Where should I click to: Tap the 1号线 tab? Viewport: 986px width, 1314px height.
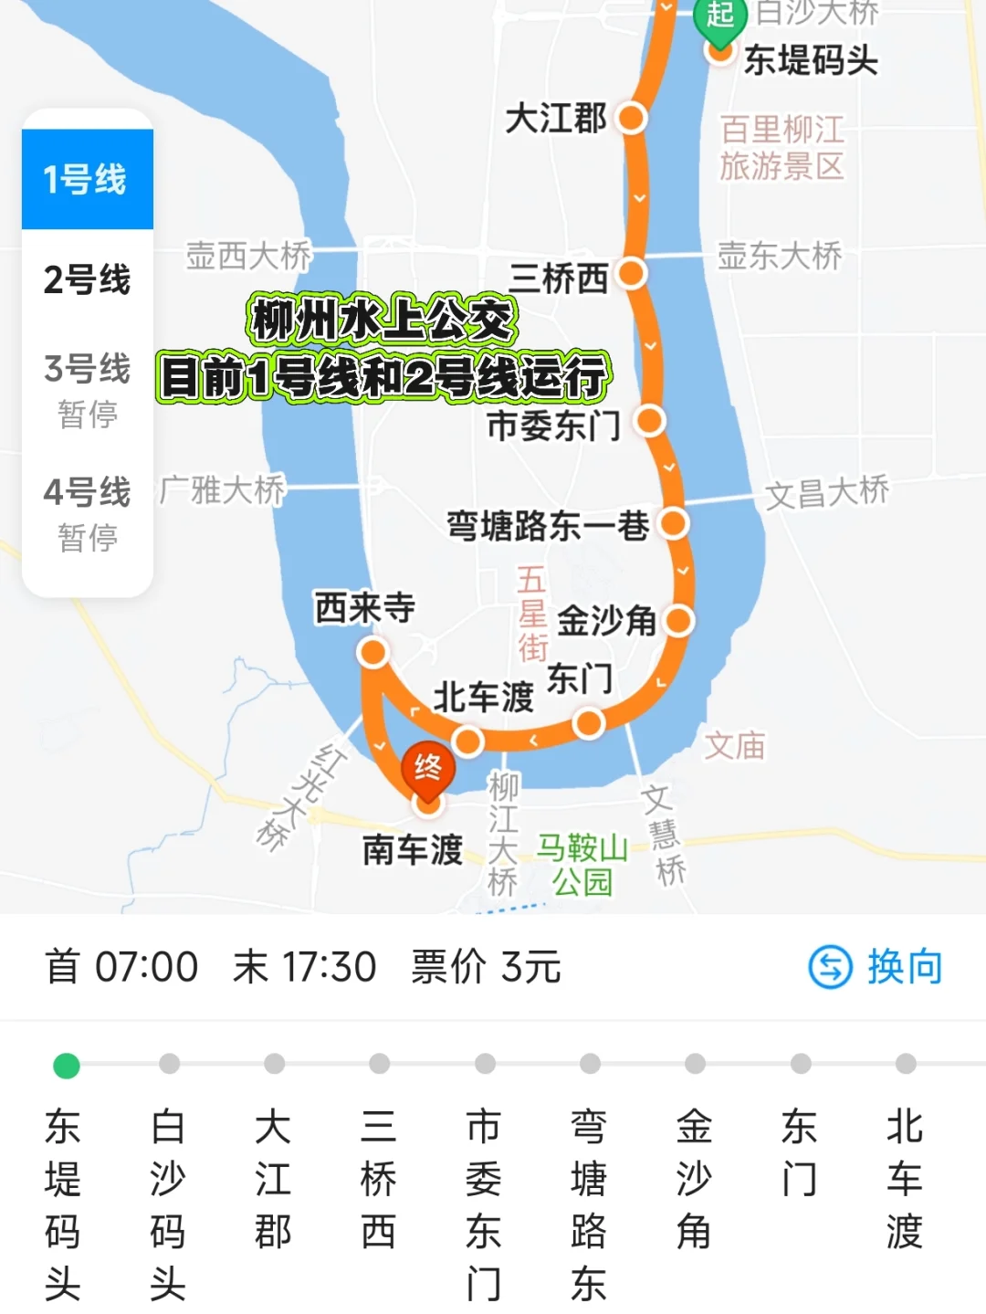(x=87, y=179)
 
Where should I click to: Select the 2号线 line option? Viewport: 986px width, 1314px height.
(x=87, y=279)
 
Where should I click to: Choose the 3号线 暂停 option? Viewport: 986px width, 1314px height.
(x=87, y=389)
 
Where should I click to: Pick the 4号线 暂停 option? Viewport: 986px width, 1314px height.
(x=87, y=512)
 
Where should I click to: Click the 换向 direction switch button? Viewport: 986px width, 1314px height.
(x=876, y=967)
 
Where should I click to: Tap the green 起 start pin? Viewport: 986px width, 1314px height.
(x=720, y=16)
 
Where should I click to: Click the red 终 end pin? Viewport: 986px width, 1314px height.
(x=427, y=770)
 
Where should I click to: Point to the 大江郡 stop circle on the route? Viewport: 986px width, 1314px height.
(x=632, y=118)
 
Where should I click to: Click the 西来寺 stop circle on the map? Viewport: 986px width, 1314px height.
(x=372, y=652)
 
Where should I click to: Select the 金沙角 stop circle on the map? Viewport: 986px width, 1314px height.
(x=678, y=621)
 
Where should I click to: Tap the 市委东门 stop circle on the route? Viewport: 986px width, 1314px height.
(x=650, y=421)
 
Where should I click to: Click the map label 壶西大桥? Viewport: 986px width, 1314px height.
(x=248, y=256)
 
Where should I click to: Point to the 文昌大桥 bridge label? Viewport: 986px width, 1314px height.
(x=826, y=493)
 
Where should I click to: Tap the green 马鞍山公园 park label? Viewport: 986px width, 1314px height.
(x=582, y=865)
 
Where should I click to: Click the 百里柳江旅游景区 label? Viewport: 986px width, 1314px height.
(x=781, y=148)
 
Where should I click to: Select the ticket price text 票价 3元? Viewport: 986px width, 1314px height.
(x=486, y=967)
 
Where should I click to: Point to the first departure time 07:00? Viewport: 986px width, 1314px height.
(x=146, y=967)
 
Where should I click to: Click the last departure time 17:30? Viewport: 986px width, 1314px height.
(x=329, y=967)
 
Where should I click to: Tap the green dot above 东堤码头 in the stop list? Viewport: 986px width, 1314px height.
(x=67, y=1065)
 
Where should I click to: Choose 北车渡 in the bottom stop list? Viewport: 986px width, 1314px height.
(x=905, y=1178)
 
